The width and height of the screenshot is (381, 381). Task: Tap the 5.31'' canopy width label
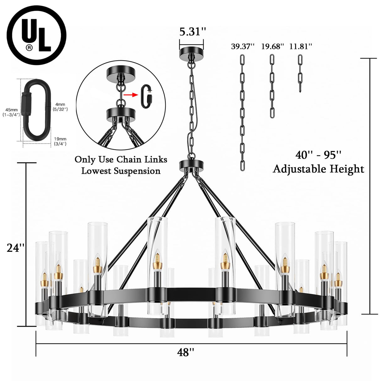192,32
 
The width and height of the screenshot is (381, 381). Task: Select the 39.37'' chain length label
242,46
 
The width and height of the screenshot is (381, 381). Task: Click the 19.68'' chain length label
272,46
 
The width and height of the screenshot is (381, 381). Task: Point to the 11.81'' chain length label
301,46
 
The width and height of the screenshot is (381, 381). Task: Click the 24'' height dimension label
16,248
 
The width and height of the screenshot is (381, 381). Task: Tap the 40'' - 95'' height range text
318,155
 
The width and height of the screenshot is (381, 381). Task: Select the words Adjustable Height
318,169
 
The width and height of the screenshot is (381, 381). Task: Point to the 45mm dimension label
11,112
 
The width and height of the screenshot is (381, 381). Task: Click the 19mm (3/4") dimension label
60,141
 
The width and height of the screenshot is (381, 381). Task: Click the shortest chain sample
300,73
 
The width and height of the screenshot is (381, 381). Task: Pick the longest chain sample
242,112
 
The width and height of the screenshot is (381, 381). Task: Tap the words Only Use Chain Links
121,159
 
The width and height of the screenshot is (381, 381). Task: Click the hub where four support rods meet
191,165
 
